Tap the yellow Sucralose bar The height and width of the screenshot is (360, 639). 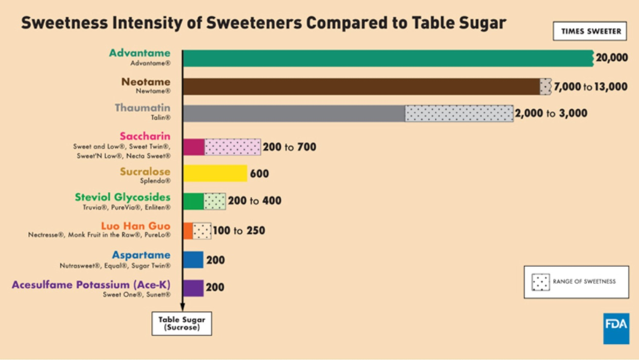(215, 174)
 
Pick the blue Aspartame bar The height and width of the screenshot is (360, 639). (193, 260)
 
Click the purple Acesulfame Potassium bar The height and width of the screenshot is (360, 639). (193, 288)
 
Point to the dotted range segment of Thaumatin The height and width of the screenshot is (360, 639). (459, 113)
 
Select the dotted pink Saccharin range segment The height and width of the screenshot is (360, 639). (233, 146)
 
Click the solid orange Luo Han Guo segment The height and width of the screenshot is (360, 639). (188, 231)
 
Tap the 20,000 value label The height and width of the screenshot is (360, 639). (612, 58)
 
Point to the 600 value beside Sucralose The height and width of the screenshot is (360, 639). (260, 174)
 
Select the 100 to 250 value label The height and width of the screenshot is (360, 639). (239, 231)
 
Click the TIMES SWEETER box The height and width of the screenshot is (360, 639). (591, 31)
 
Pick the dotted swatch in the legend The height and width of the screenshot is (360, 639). (541, 282)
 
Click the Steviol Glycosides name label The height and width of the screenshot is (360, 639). (122, 198)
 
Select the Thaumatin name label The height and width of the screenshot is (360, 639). (142, 108)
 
